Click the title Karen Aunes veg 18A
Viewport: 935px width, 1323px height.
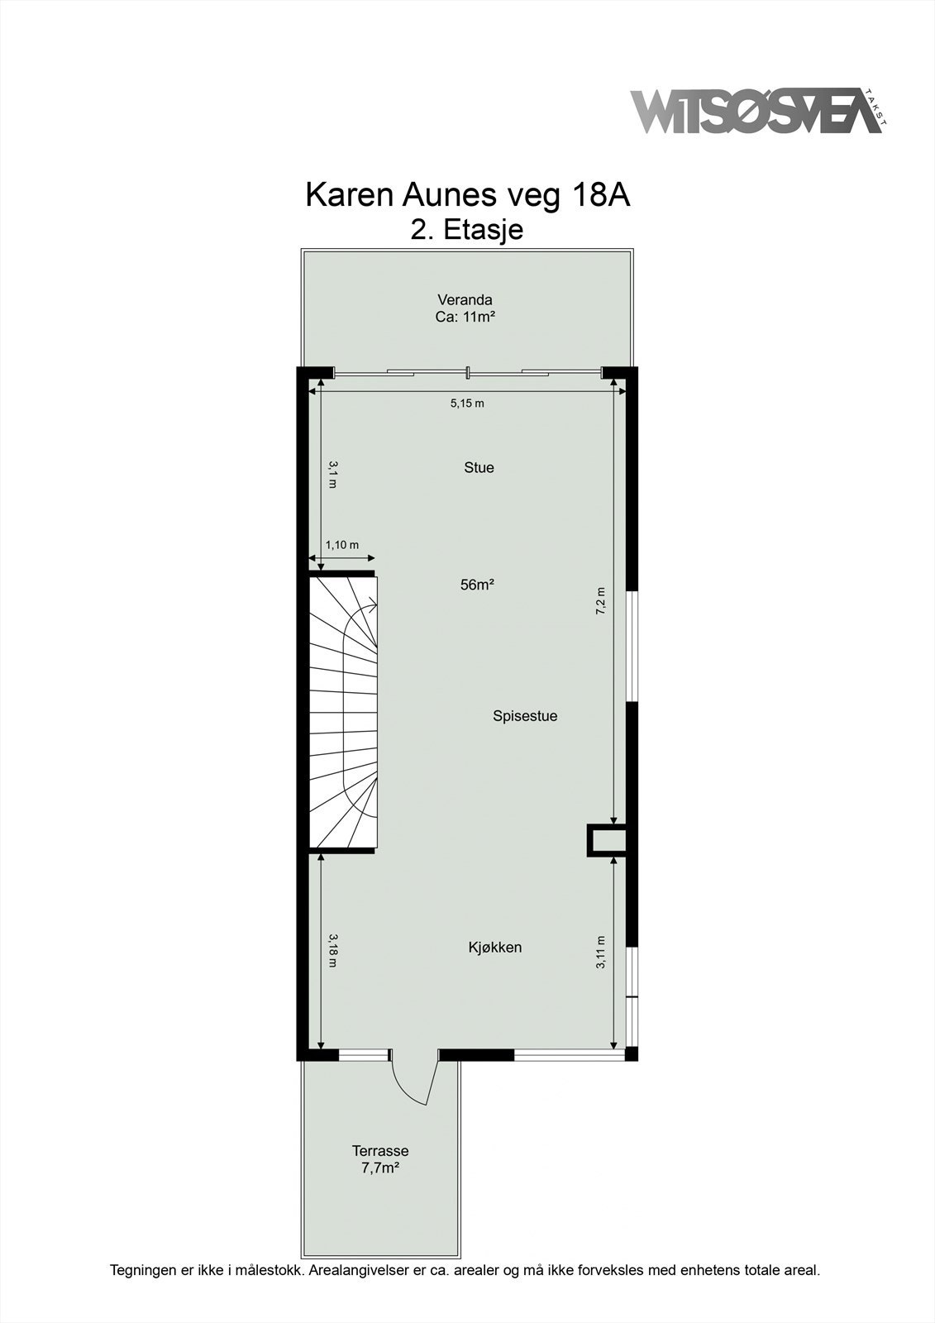(x=467, y=195)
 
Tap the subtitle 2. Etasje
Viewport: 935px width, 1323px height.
(x=467, y=229)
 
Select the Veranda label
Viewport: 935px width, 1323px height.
(x=465, y=300)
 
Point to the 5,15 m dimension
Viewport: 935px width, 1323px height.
(x=466, y=404)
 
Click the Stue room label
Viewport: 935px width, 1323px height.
(x=479, y=468)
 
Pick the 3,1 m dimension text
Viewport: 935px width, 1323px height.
(x=332, y=475)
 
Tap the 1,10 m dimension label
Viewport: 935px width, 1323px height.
(x=341, y=545)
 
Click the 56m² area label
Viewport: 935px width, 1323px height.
(x=477, y=585)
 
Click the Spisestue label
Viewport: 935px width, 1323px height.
(x=525, y=716)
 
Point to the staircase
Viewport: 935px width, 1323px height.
(x=343, y=711)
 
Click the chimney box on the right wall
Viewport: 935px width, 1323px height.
(x=607, y=840)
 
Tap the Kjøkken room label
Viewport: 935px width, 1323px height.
(x=494, y=948)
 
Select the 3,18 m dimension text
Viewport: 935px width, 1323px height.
(x=332, y=950)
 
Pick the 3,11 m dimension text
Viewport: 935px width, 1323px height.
(x=601, y=951)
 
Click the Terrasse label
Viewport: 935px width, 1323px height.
(x=380, y=1151)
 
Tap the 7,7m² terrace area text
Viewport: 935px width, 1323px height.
(x=380, y=1168)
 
